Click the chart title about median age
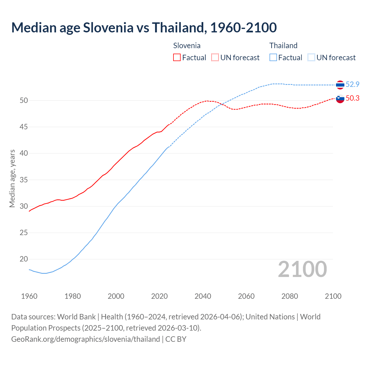tap(144, 28)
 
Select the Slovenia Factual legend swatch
tap(177, 57)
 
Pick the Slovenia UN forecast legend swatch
tap(215, 57)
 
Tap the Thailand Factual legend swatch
tap(273, 57)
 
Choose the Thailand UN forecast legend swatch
tap(311, 57)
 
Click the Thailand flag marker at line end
tap(340, 85)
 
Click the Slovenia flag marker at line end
tap(340, 99)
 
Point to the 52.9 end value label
tap(352, 84)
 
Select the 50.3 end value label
tap(352, 98)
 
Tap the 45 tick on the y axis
tap(24, 127)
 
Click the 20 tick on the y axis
tap(24, 259)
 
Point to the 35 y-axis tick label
tap(24, 180)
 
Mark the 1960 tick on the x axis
tap(29, 296)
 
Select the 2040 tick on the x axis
tap(203, 296)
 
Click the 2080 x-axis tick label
tap(290, 296)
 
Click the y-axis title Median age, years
tap(12, 178)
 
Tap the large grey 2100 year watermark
tap(302, 269)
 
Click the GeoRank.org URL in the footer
tap(85, 339)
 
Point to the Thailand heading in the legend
tap(283, 46)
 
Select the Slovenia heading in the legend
tap(187, 46)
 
